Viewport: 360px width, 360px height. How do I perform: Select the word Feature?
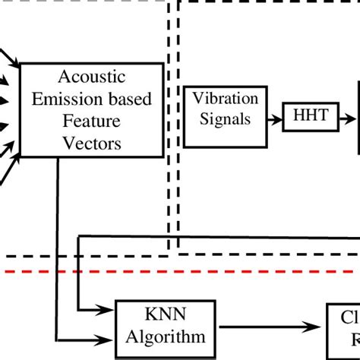pos(92,122)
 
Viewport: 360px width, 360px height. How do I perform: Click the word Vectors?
pos(92,142)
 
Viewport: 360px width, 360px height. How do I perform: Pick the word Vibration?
pos(225,99)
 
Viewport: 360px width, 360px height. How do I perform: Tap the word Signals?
pos(225,118)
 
